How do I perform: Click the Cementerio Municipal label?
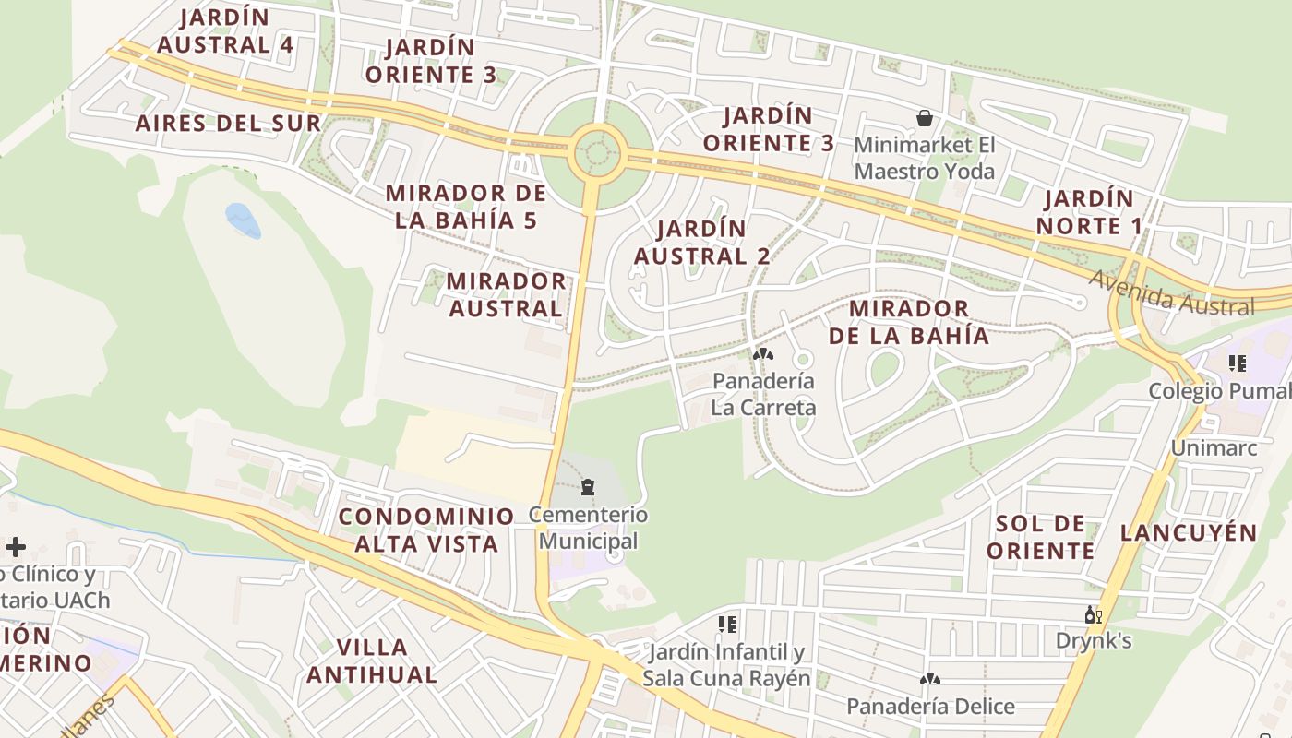point(588,528)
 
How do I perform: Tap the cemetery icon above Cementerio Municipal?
point(588,487)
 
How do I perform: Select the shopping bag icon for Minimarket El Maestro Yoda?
point(924,118)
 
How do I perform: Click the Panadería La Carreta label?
point(763,394)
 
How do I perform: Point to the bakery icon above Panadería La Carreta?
point(762,354)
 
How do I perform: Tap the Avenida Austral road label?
point(1172,292)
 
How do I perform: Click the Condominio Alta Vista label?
point(426,530)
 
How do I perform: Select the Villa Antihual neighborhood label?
point(372,661)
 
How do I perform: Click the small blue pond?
point(243,220)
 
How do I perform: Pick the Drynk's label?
point(1094,640)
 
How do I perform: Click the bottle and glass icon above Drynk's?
point(1094,614)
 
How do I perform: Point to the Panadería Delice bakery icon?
point(929,679)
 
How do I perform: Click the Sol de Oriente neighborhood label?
point(1041,537)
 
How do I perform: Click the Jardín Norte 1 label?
point(1089,212)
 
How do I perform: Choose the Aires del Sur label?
point(228,124)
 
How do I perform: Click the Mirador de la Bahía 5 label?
point(466,207)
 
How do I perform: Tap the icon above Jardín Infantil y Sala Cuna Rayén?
point(727,625)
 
